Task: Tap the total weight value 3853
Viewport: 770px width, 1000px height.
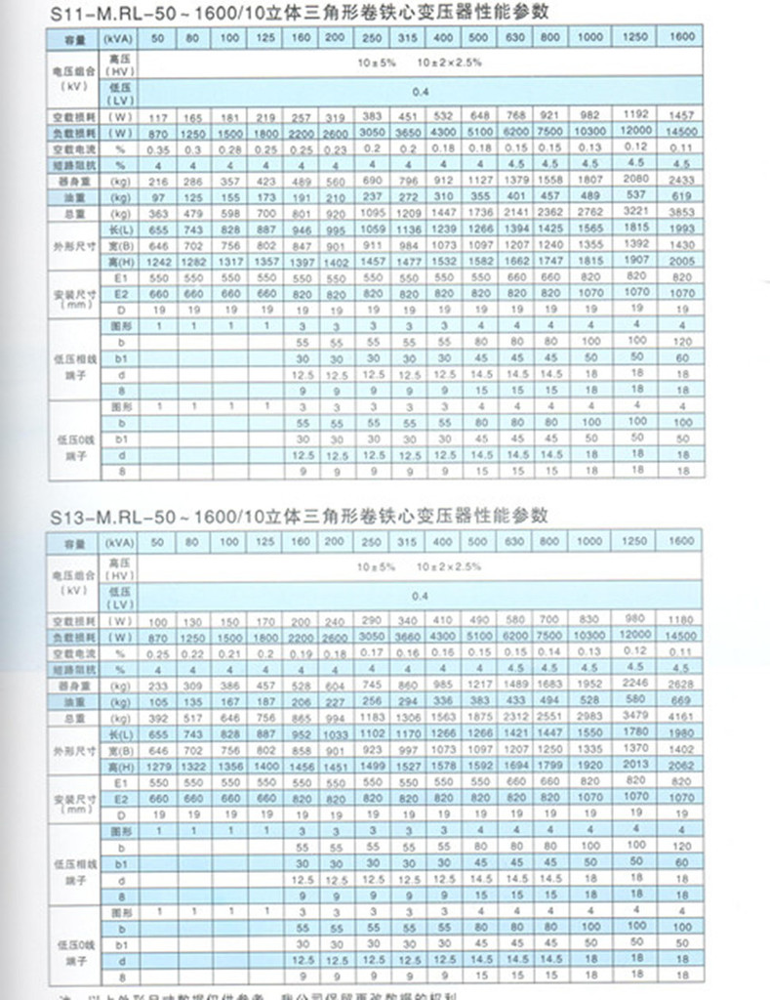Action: point(680,211)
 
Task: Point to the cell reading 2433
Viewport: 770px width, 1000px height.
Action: point(680,180)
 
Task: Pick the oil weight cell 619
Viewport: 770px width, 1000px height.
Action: point(680,195)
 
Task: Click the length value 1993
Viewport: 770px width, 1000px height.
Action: point(680,228)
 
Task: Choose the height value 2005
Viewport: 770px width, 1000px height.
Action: point(680,262)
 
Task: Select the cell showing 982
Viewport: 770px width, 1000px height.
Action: point(588,116)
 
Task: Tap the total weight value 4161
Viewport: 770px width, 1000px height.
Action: point(680,716)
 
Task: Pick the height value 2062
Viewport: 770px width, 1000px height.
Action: point(680,766)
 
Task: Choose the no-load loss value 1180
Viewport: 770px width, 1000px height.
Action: point(680,621)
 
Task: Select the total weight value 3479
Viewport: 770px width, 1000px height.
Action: point(635,716)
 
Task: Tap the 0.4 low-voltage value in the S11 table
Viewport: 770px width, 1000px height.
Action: point(421,92)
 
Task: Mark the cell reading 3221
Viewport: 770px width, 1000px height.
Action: point(635,211)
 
